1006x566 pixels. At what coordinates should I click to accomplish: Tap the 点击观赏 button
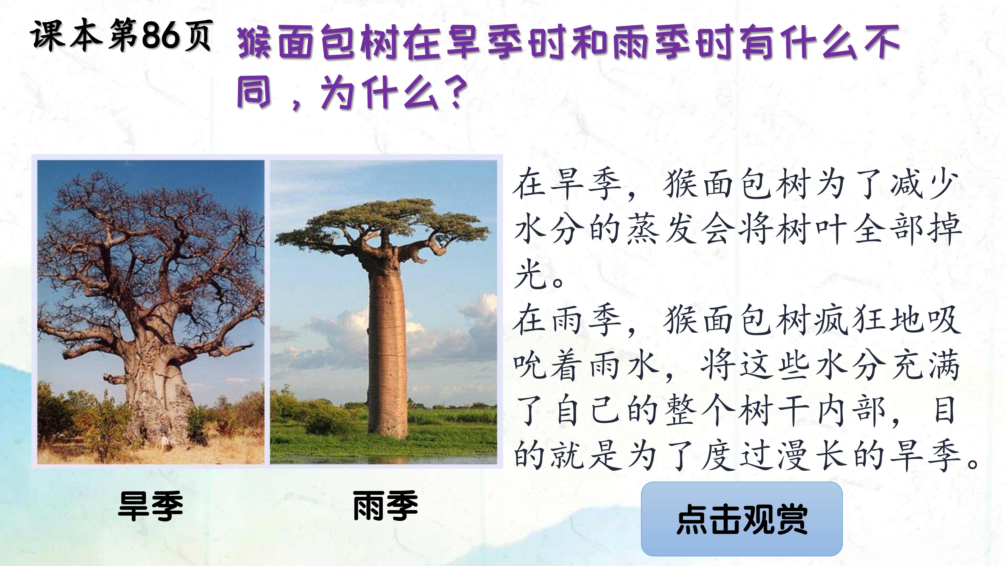tap(742, 519)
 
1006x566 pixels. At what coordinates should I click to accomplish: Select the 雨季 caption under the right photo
tap(386, 506)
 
